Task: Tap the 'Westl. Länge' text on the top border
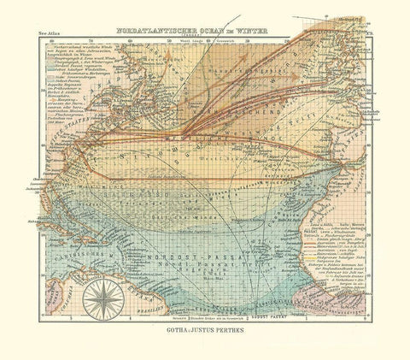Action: [206, 39]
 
